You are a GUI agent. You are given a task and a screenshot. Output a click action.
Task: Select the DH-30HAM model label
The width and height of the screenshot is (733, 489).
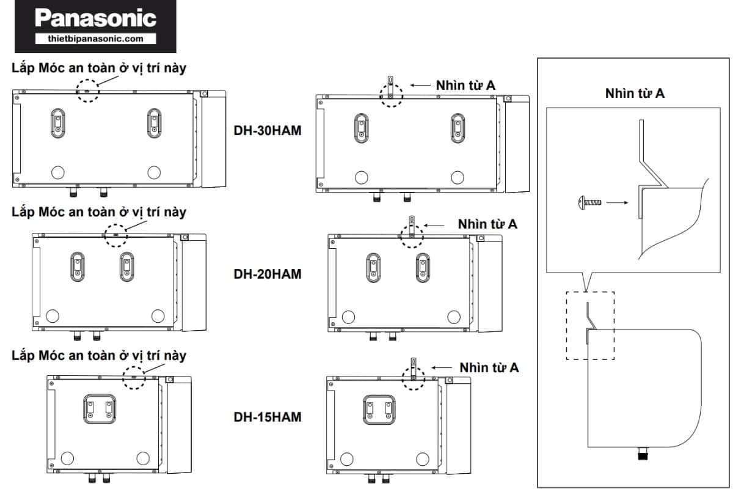pyautogui.click(x=268, y=130)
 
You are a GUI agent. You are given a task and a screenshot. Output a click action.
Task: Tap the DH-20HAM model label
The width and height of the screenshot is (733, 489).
pyautogui.click(x=268, y=273)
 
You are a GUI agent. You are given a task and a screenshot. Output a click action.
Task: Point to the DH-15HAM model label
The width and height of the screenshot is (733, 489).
pyautogui.click(x=268, y=417)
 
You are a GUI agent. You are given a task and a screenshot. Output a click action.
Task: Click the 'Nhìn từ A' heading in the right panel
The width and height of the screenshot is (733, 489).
pyautogui.click(x=635, y=94)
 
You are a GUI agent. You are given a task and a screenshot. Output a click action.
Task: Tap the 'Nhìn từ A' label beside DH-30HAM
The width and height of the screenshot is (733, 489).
pyautogui.click(x=465, y=85)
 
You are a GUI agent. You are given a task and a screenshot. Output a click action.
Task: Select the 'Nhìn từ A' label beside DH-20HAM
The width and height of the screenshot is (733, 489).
pyautogui.click(x=487, y=224)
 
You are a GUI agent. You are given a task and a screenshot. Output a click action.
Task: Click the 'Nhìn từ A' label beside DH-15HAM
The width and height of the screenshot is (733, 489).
pyautogui.click(x=489, y=367)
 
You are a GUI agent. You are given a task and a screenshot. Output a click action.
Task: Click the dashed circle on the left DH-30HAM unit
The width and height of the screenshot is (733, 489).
pyautogui.click(x=87, y=90)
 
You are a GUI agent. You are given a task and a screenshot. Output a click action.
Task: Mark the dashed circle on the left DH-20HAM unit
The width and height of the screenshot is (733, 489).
pyautogui.click(x=115, y=235)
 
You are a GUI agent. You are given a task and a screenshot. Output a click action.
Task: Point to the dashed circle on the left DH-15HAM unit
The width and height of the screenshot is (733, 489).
pyautogui.click(x=134, y=378)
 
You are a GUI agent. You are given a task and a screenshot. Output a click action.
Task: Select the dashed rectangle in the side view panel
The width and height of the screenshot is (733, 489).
pyautogui.click(x=590, y=325)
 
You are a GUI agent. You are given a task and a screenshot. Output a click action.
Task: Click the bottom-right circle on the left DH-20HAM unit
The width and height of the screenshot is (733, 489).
pyautogui.click(x=158, y=315)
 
